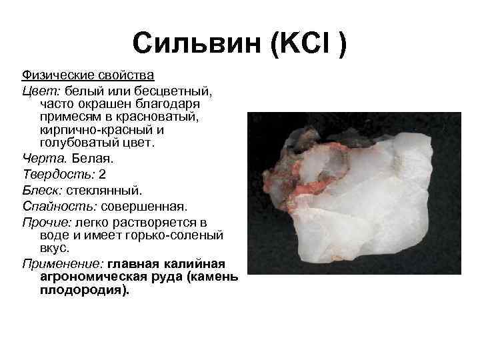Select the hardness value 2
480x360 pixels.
pyautogui.click(x=102, y=175)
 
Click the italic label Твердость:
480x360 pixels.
pyautogui.click(x=59, y=175)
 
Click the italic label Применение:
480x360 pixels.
pyautogui.click(x=63, y=264)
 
